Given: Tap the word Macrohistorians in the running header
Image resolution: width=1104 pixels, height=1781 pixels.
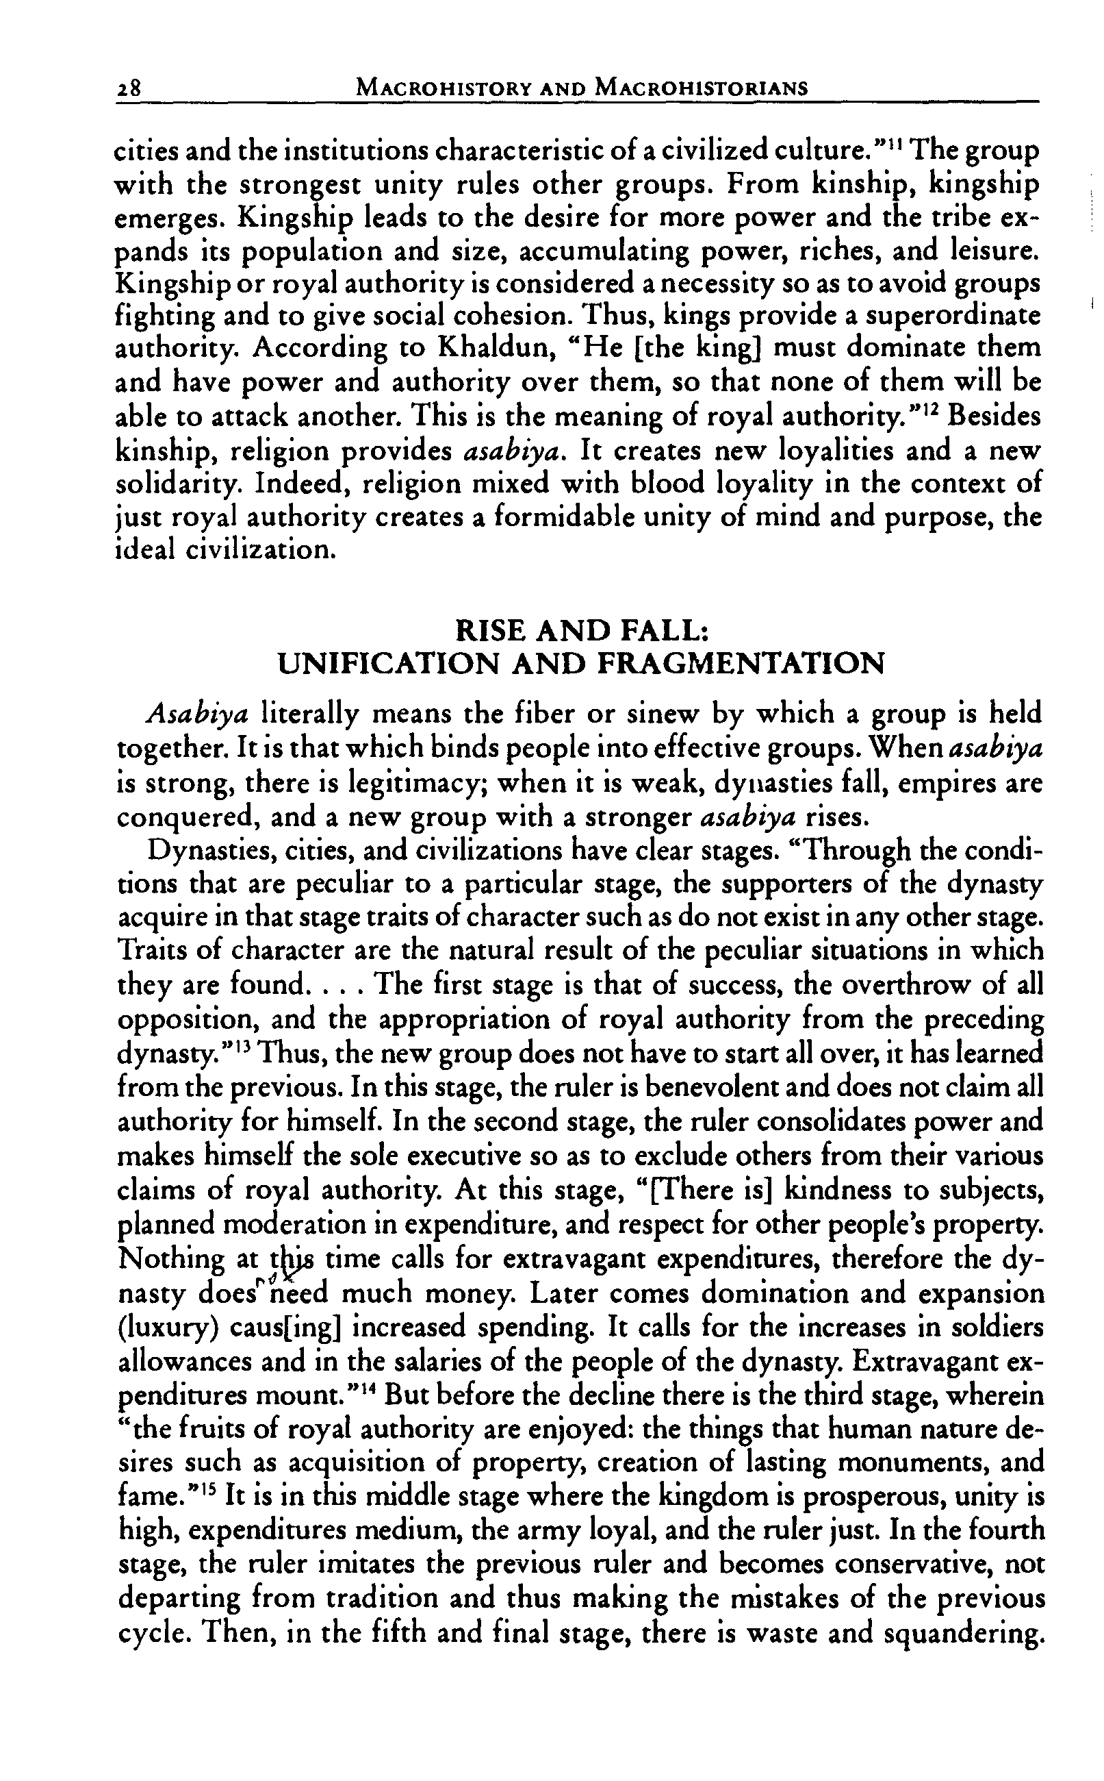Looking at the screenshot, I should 702,88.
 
